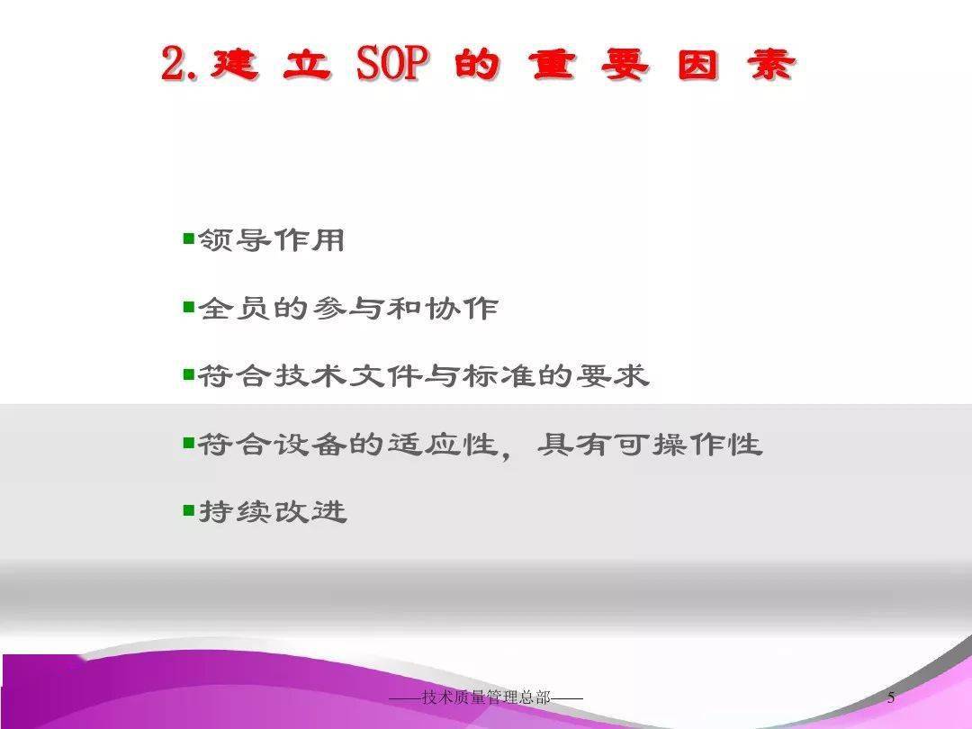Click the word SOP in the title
point(392,63)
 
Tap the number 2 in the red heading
point(174,63)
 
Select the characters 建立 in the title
point(270,65)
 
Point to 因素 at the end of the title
point(736,65)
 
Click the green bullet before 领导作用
point(189,238)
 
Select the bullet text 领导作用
point(272,240)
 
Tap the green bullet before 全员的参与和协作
point(189,306)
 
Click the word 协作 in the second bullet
point(462,308)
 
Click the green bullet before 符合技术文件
point(189,373)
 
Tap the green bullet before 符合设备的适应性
point(189,442)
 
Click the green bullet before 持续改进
point(189,510)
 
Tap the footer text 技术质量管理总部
point(486,698)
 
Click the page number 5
point(891,698)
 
